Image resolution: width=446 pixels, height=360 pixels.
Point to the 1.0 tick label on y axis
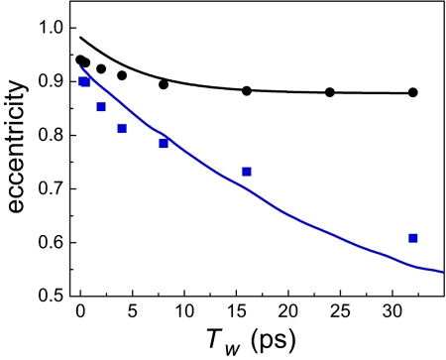(x=50, y=28)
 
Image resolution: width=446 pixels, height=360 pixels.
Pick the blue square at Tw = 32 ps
(x=413, y=238)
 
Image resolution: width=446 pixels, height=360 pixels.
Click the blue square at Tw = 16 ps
(x=247, y=172)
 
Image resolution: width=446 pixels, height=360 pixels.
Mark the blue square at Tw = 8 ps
(x=164, y=143)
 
